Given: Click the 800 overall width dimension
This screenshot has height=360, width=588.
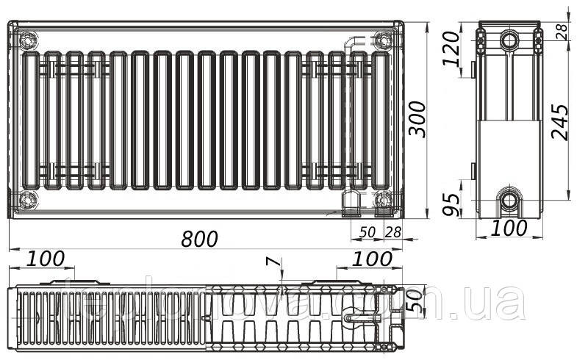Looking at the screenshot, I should coord(200,239).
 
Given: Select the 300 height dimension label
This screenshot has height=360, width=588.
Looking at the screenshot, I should coord(417,117).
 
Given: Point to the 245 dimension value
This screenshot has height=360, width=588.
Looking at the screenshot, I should coord(559,121).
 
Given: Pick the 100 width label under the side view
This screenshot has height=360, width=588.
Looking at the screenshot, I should coord(509,228).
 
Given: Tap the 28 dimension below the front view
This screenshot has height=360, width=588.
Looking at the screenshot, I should coord(393,232).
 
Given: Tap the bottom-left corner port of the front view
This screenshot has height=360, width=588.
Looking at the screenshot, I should coord(27,198).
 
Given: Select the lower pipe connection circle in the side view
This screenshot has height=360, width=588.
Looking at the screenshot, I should coord(509,199).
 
